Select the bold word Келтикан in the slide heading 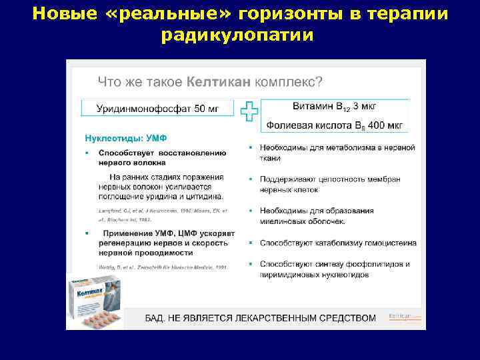[219, 82]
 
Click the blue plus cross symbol [249, 111]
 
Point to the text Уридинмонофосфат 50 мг [157, 107]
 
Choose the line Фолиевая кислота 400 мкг [334, 125]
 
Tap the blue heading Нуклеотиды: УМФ [125, 139]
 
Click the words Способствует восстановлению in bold [163, 153]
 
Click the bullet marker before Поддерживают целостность [251, 179]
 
